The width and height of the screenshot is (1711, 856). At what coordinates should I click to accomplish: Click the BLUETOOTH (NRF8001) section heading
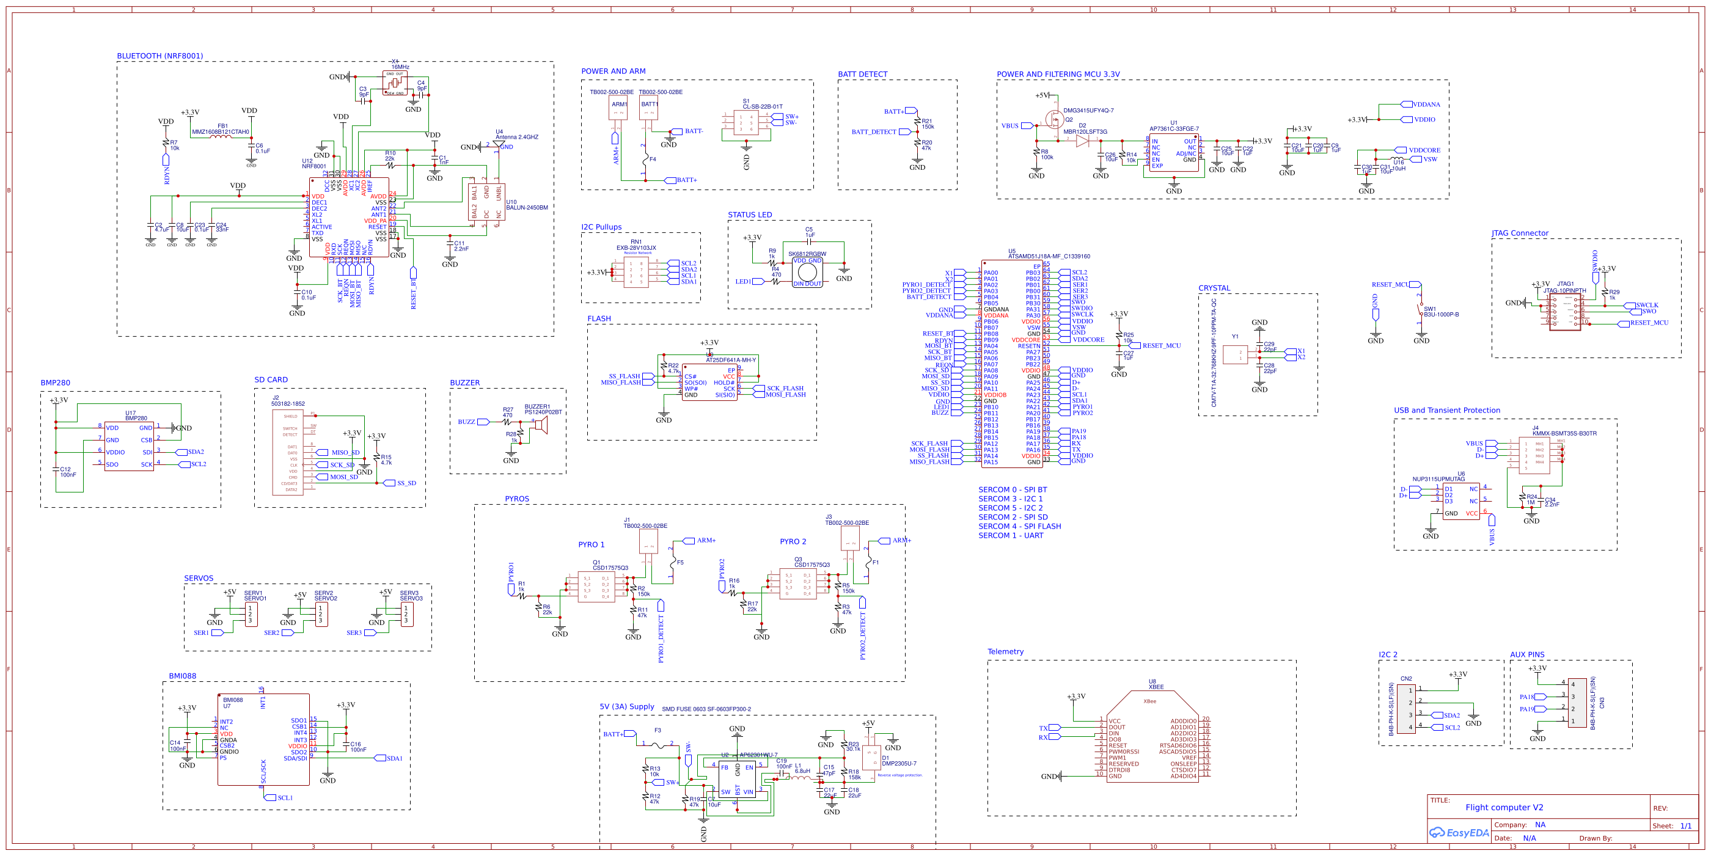click(x=159, y=56)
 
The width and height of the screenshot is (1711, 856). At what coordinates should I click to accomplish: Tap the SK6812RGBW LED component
click(x=807, y=272)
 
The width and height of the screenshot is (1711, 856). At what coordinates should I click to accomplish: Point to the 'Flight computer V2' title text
click(x=1504, y=808)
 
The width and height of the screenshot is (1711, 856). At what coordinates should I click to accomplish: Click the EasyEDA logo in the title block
click(x=1459, y=833)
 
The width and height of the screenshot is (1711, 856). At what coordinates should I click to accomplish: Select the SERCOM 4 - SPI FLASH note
click(x=1019, y=526)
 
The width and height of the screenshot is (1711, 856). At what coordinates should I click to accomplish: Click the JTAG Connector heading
click(x=1520, y=233)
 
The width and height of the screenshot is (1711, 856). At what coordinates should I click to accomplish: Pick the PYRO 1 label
click(x=590, y=544)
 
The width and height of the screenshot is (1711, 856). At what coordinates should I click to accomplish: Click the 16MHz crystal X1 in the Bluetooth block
click(x=395, y=83)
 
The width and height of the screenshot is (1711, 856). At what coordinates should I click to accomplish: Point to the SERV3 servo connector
click(x=406, y=613)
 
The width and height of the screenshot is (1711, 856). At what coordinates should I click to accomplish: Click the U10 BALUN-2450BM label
click(x=526, y=205)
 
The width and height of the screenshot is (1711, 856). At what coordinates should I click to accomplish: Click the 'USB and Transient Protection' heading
click(x=1446, y=411)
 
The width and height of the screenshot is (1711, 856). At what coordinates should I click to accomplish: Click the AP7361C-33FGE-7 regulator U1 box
click(x=1174, y=153)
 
